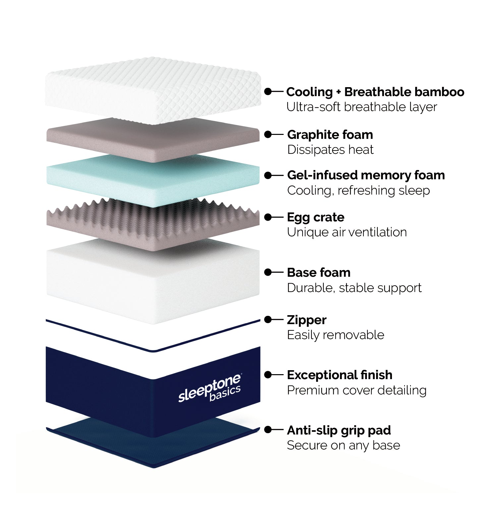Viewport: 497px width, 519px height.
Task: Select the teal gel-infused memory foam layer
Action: click(152, 181)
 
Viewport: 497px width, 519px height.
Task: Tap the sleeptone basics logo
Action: click(209, 389)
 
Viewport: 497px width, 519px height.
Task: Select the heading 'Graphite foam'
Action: click(330, 135)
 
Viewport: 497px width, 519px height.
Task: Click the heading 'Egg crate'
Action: click(315, 217)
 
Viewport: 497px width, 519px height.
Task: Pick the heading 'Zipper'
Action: click(306, 320)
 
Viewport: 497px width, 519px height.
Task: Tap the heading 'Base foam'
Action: click(319, 272)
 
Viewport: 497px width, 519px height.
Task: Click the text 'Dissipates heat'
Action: click(330, 150)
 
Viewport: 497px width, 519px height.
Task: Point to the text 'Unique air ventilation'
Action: click(347, 232)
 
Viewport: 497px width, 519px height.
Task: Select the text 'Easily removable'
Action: click(335, 335)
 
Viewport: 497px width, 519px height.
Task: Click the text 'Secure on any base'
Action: click(343, 445)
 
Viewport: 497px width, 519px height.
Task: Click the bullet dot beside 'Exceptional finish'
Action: click(268, 375)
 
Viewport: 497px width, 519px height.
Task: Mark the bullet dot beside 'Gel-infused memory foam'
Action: click(268, 175)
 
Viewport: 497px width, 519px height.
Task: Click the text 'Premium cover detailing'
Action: click(357, 390)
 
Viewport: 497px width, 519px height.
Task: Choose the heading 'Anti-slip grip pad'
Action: click(339, 430)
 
